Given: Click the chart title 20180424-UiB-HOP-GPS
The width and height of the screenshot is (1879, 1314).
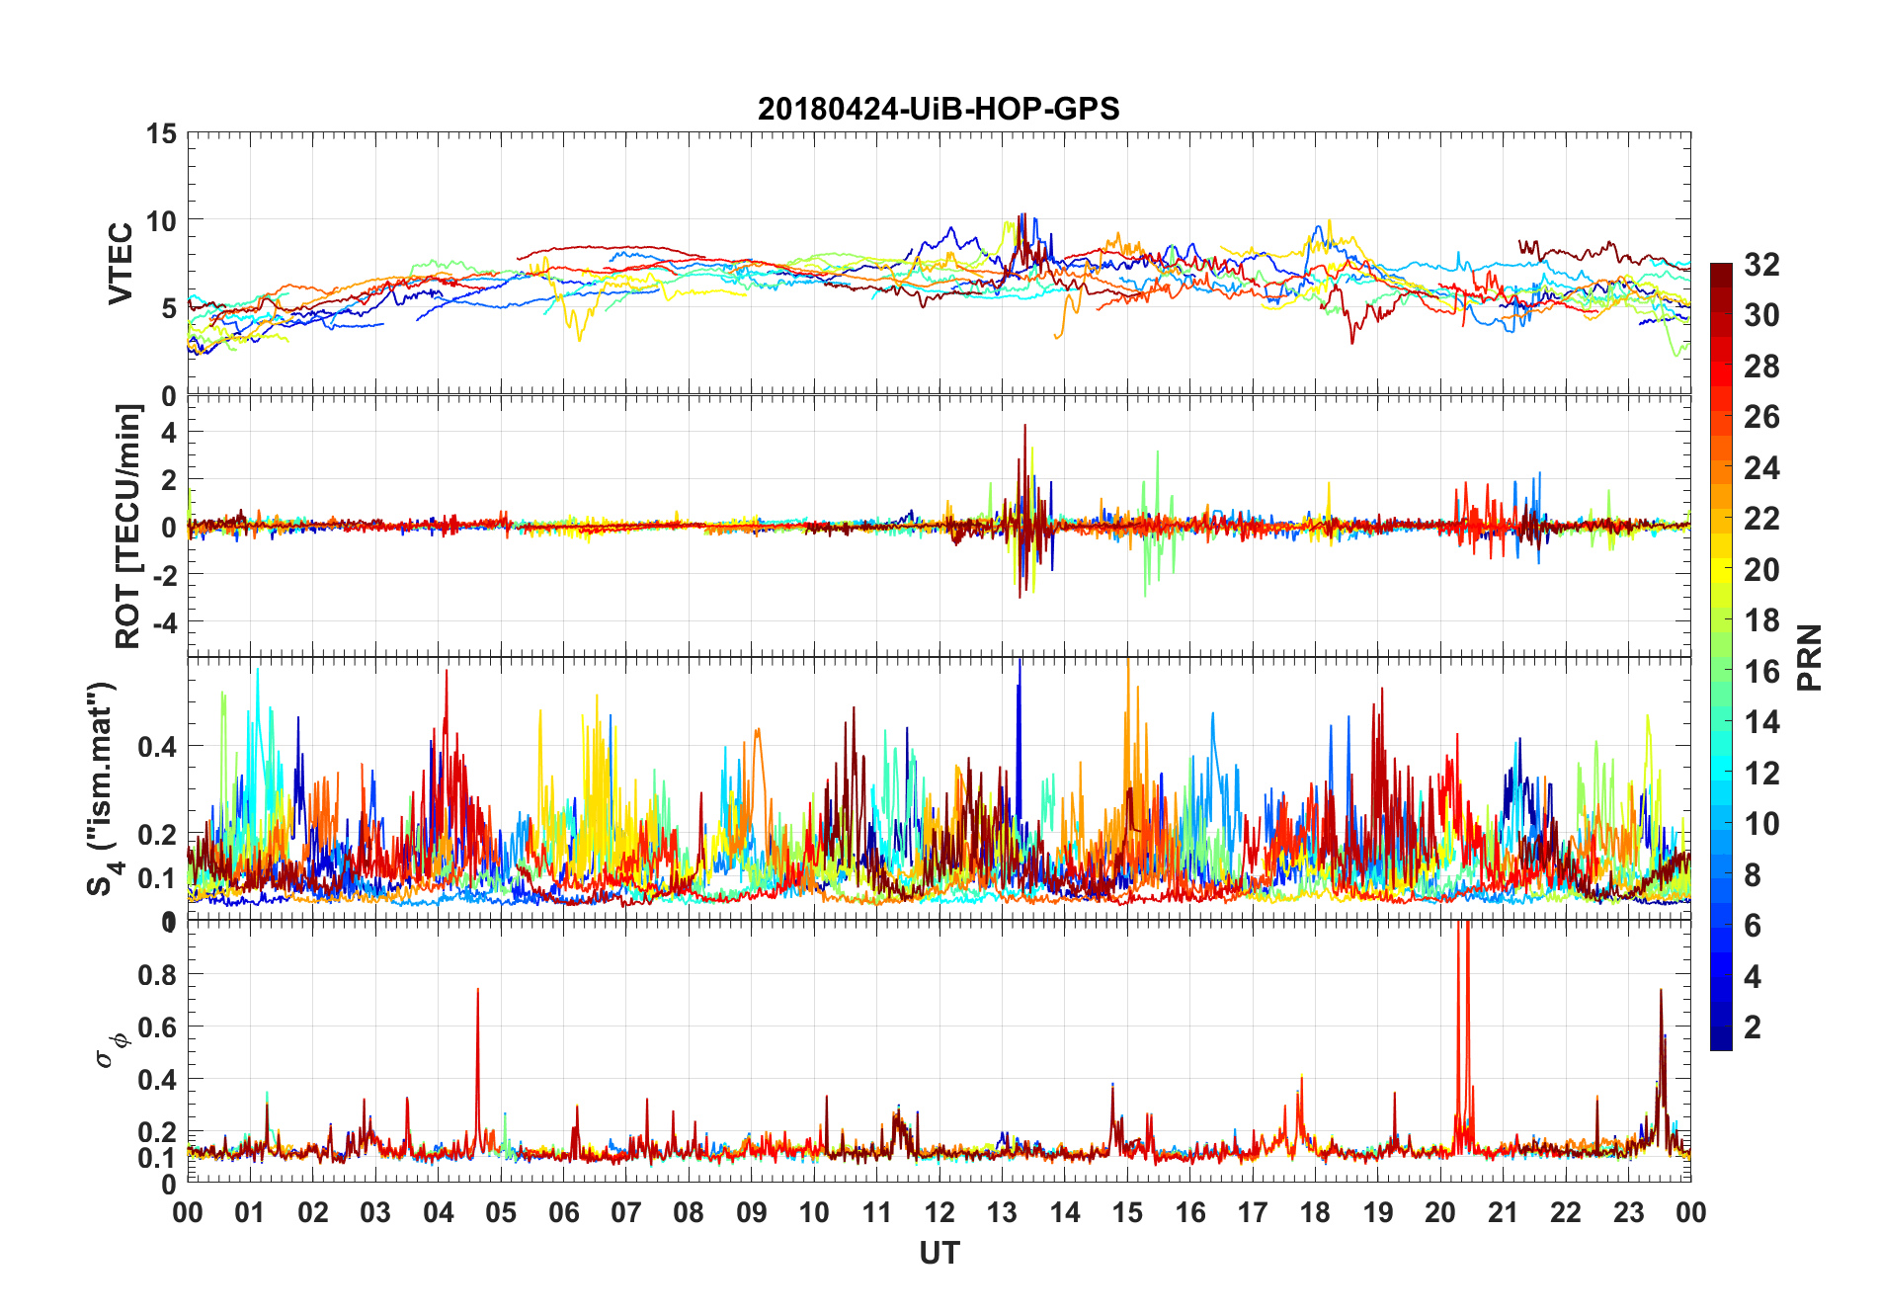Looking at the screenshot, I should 939,108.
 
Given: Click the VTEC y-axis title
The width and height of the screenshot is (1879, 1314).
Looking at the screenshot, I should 121,264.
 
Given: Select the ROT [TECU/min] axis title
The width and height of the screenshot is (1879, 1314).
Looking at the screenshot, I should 128,526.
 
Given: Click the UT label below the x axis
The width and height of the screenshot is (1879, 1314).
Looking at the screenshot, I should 939,1253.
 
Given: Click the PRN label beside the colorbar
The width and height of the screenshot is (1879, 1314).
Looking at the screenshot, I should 1809,657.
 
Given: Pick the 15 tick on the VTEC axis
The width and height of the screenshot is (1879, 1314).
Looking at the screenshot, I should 161,133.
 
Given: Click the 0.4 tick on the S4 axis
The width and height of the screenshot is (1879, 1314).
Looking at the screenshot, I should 157,746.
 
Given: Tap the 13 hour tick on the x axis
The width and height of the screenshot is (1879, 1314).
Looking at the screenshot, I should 1002,1212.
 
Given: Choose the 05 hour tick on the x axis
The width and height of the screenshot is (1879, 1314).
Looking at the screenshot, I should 501,1212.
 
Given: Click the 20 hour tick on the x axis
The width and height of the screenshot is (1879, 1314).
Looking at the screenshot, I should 1440,1212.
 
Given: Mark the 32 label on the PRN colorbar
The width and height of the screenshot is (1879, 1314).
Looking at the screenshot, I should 1761,265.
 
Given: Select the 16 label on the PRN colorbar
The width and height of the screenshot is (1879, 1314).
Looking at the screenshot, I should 1761,672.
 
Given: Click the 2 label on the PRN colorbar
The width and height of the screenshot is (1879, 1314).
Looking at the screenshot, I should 1753,1027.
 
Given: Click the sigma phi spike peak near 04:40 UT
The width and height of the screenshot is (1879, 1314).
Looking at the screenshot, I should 478,989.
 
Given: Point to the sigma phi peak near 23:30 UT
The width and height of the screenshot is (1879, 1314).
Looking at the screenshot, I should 1661,990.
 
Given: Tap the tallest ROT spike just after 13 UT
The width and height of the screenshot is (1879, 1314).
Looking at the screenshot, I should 1025,425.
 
